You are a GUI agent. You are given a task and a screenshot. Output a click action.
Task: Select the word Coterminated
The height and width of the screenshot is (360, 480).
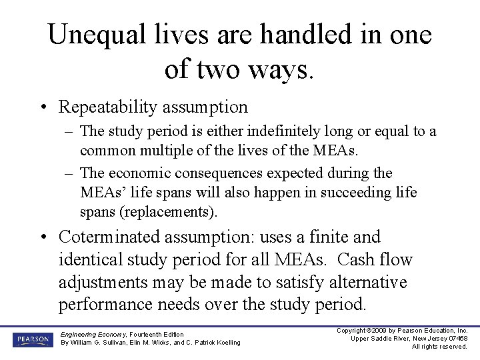click(x=110, y=237)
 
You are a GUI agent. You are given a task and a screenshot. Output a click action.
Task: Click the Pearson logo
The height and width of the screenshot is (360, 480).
click(x=31, y=340)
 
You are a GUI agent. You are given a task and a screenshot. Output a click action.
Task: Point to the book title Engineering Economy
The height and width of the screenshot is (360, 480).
click(x=89, y=333)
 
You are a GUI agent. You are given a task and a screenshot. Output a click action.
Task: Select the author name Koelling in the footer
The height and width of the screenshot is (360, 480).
click(x=224, y=343)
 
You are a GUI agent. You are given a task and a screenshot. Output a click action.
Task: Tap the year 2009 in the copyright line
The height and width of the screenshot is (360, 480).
click(x=377, y=331)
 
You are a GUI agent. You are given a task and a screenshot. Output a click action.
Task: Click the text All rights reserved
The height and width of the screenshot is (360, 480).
click(x=439, y=347)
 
